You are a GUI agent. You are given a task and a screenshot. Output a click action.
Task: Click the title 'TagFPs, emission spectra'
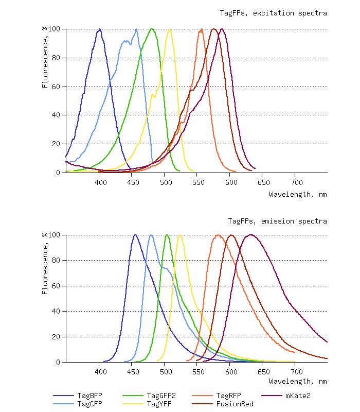pos(278,221)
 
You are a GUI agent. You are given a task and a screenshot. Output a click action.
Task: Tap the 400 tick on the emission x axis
pos(100,372)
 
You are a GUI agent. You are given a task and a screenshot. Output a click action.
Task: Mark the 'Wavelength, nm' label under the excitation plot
pos(298,194)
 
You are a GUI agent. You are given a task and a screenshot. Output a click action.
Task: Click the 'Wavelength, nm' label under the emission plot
pos(298,382)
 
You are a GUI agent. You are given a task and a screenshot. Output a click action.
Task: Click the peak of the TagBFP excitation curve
pos(100,29)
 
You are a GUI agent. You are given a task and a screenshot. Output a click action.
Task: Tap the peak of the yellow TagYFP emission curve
pos(179,235)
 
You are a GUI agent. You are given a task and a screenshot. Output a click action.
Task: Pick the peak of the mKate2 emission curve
pos(250,235)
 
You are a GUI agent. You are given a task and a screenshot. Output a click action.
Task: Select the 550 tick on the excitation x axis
pos(198,182)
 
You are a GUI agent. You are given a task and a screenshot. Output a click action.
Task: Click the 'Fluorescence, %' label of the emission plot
pos(45,263)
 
